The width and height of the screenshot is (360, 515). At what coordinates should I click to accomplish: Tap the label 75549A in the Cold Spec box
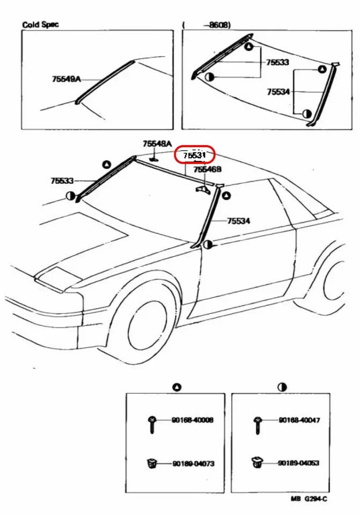(66, 79)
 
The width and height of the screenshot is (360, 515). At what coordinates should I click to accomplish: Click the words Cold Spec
(41, 25)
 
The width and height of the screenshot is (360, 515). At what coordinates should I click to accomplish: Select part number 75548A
(157, 144)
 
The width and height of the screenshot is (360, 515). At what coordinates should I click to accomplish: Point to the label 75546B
(207, 170)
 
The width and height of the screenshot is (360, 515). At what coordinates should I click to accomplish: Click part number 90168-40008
(193, 420)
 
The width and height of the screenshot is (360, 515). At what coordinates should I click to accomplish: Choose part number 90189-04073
(193, 463)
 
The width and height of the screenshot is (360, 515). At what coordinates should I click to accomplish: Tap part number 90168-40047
(299, 420)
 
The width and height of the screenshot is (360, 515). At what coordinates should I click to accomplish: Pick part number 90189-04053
(299, 463)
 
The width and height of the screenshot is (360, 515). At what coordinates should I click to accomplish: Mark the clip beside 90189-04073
(151, 462)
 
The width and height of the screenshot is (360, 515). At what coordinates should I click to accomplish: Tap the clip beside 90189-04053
(258, 461)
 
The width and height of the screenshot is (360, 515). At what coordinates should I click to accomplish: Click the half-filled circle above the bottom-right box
(282, 387)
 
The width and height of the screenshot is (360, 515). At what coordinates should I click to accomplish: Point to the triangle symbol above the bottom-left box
(177, 387)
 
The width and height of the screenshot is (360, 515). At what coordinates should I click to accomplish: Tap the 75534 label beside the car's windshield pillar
(239, 220)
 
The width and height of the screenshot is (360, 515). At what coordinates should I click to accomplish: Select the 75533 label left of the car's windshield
(62, 181)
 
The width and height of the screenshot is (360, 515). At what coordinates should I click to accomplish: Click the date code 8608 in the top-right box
(217, 25)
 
